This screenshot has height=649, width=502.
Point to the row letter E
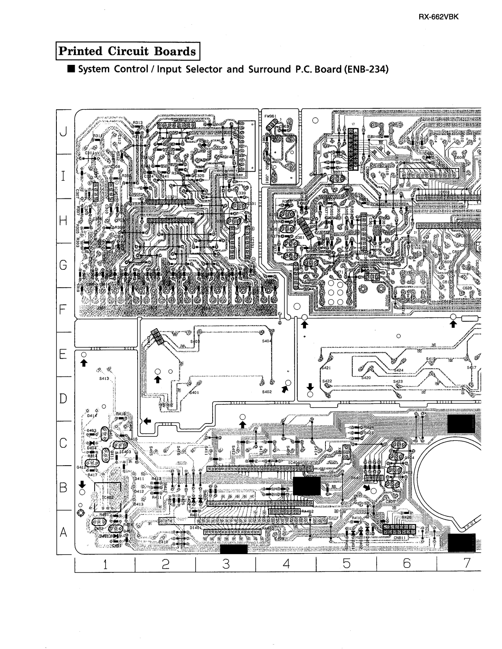[63, 354]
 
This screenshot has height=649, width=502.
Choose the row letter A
[63, 533]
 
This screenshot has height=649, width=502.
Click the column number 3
[226, 563]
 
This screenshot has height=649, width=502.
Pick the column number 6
[407, 563]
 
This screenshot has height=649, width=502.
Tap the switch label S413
[104, 378]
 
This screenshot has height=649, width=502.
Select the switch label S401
[194, 393]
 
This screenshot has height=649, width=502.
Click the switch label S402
[267, 392]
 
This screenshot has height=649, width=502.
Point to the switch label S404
[267, 341]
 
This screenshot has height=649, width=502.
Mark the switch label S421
[326, 368]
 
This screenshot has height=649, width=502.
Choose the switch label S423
[398, 382]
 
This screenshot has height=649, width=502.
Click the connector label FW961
[270, 116]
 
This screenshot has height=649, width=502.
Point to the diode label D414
[92, 416]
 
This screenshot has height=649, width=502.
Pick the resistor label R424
[369, 428]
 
